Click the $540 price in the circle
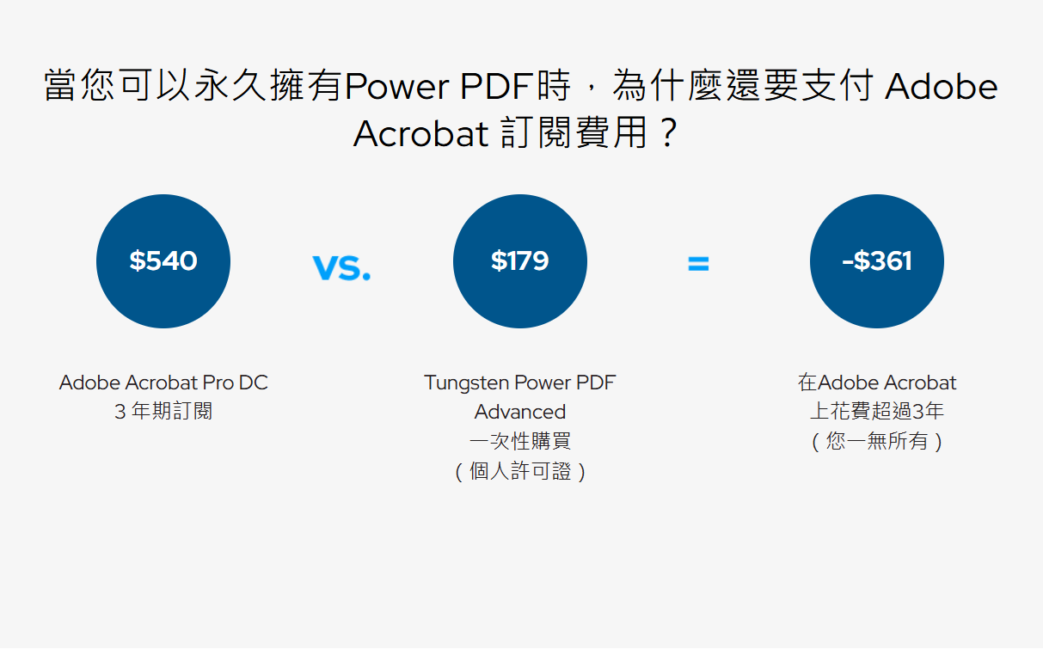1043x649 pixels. point(163,260)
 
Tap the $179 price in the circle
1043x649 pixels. point(520,260)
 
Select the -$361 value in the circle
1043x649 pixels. point(877,260)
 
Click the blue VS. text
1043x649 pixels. point(341,267)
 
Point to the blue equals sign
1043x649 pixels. point(698,264)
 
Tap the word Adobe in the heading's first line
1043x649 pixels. point(941,86)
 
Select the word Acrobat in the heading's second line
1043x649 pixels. point(421,133)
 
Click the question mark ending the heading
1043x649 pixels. point(669,133)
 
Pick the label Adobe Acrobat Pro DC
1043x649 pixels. point(163,383)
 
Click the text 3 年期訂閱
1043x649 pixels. point(163,412)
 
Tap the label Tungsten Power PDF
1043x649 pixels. point(520,383)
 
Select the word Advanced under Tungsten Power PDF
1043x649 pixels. point(520,412)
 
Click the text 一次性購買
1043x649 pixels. point(520,441)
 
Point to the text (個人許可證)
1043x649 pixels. point(520,471)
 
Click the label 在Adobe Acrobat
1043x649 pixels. point(877,383)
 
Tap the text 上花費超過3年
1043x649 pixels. point(877,412)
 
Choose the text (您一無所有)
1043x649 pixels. point(877,441)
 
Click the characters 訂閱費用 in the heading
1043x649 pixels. point(574,133)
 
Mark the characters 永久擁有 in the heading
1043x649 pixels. point(268,86)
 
